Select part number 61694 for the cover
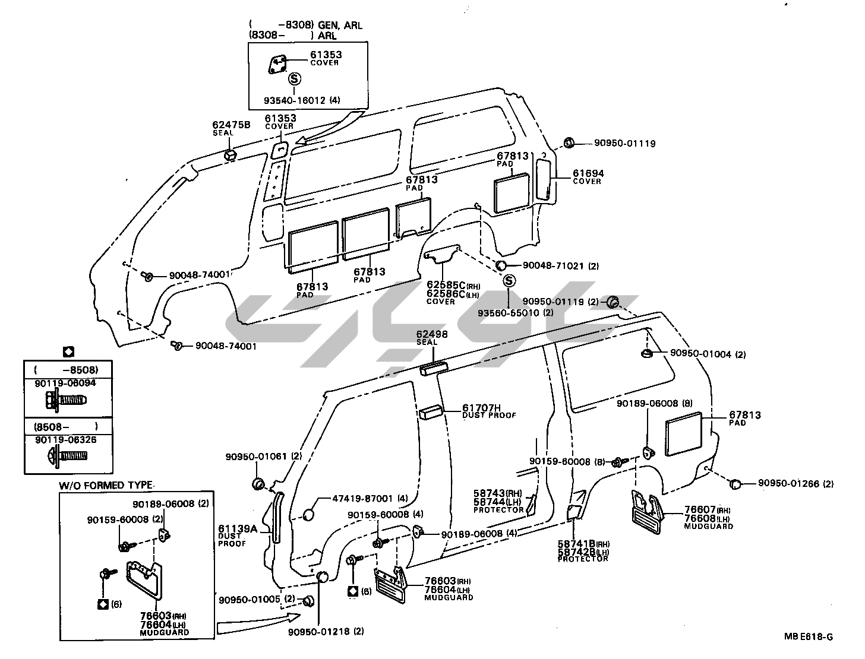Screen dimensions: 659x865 click(588, 173)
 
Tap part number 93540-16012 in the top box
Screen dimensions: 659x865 click(296, 100)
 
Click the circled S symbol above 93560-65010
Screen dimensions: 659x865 click(509, 281)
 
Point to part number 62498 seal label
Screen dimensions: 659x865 click(431, 335)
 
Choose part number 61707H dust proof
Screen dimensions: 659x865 click(482, 407)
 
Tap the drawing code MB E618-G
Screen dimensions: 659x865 click(808, 637)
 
